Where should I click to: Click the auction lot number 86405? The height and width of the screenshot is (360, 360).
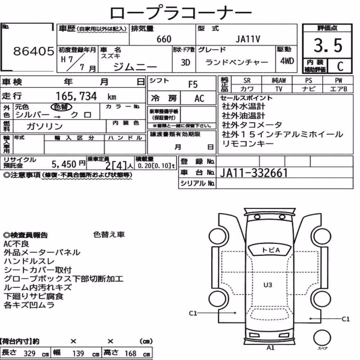33,51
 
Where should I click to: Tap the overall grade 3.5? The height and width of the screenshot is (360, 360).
328,45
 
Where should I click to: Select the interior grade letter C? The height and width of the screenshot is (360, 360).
340,66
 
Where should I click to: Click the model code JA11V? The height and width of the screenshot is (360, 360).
248,39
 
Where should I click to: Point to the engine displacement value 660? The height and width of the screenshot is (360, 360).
164,39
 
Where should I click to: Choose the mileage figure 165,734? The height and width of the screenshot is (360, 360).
76,96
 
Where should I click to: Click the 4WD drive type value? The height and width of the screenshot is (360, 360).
287,61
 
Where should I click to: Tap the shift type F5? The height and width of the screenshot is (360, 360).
193,85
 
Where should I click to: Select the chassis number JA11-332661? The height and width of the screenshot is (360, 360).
254,173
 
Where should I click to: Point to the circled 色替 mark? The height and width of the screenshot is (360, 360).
61,107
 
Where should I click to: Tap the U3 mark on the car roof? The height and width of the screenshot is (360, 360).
268,285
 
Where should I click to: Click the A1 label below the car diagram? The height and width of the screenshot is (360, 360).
270,348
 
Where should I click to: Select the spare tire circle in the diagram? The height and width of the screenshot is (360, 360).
322,338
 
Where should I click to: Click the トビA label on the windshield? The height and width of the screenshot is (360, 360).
271,250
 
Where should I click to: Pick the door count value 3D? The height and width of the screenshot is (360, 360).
185,62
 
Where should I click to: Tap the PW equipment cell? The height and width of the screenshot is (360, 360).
338,80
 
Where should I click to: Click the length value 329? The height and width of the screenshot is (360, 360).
30,354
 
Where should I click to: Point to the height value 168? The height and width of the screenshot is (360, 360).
130,354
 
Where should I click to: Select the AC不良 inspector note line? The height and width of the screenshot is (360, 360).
16,244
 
